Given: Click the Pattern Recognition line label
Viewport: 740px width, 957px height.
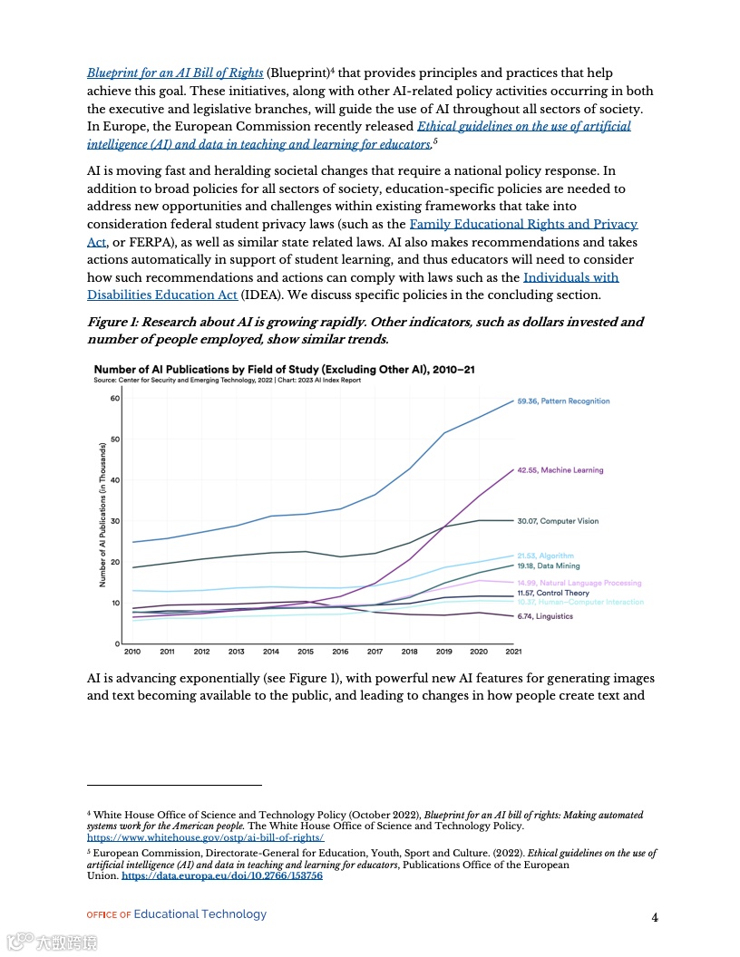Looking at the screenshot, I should pyautogui.click(x=563, y=401).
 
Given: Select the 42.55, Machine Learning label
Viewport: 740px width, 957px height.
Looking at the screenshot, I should pyautogui.click(x=560, y=470).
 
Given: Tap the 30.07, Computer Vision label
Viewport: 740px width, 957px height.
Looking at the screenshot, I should pyautogui.click(x=558, y=521).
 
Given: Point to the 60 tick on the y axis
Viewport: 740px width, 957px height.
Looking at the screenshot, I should pyautogui.click(x=115, y=398).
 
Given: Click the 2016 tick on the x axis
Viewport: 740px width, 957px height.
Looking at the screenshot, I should pyautogui.click(x=340, y=652).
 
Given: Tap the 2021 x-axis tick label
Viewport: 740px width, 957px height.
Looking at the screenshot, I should pyautogui.click(x=513, y=652).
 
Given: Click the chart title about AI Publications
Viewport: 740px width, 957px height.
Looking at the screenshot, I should pyautogui.click(x=284, y=370).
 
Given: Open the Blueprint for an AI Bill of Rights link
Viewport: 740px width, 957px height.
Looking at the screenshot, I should pyautogui.click(x=175, y=72).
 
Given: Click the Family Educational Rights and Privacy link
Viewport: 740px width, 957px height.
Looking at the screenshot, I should pyautogui.click(x=523, y=224).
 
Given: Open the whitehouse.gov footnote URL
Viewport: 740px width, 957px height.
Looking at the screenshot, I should pyautogui.click(x=205, y=839).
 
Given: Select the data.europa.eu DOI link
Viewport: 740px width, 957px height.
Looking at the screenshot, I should pyautogui.click(x=222, y=876).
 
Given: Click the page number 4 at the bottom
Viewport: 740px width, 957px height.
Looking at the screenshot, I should pyautogui.click(x=655, y=917).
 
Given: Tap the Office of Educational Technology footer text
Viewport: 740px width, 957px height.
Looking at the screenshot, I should pyautogui.click(x=177, y=914).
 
